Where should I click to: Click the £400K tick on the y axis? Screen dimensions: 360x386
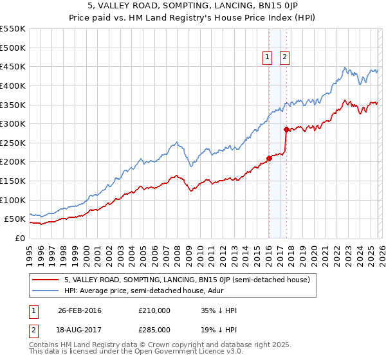13,85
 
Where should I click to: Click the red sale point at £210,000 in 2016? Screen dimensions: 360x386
269,159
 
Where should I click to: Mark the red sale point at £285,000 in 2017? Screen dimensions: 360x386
286,130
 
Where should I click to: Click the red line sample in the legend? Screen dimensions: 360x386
45,280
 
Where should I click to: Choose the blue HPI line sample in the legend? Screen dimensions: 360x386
45,291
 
